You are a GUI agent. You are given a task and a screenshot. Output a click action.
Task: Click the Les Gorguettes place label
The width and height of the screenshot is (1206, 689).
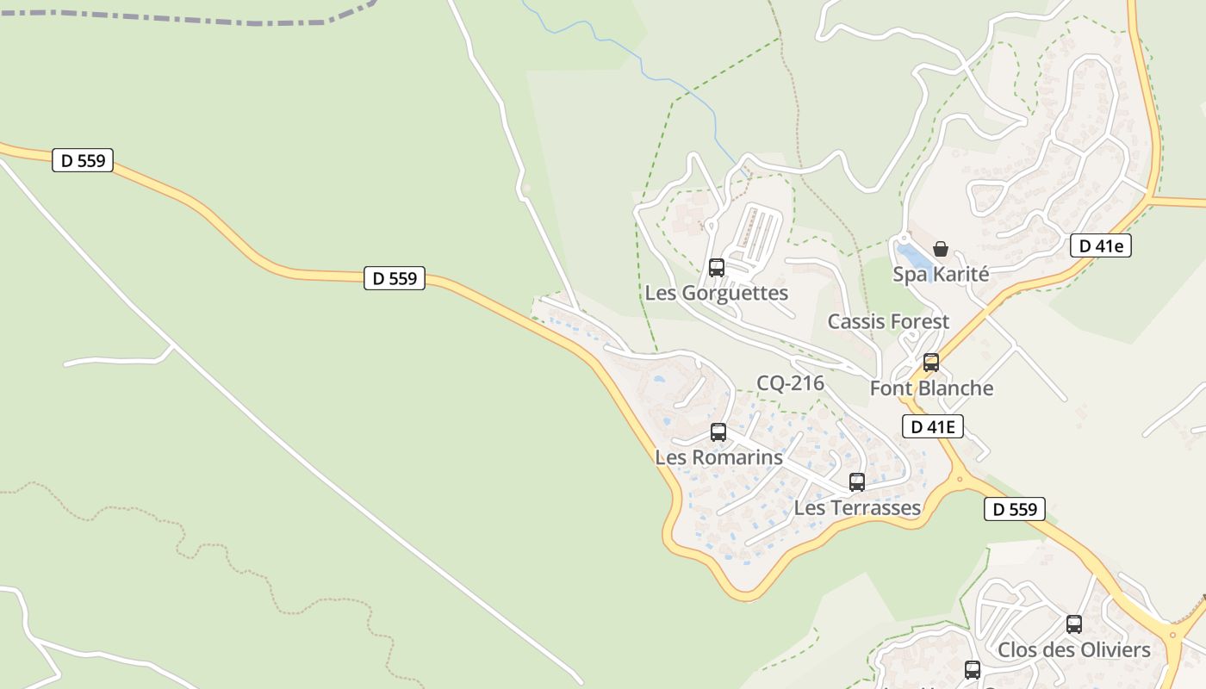pos(716,293)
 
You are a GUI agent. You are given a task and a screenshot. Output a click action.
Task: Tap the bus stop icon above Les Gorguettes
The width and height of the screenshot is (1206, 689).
pos(716,268)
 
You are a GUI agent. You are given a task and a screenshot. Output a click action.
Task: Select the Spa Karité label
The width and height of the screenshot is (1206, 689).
pos(940,274)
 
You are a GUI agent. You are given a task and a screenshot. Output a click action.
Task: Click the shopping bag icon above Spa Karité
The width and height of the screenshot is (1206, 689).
pos(941,249)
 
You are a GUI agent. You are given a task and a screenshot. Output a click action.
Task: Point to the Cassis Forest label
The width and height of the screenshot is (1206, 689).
pos(888,321)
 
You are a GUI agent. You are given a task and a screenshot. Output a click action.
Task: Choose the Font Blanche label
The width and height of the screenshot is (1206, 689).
pos(931,388)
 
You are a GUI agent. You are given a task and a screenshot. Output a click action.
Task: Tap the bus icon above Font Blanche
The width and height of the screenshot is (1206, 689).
pos(930,363)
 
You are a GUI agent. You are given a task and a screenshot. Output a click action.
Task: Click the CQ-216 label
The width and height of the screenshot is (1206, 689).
pos(790,383)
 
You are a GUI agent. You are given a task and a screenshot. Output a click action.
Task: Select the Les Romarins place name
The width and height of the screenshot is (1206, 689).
pos(718,456)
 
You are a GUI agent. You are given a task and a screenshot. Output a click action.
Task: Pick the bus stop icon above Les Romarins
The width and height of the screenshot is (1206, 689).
pos(718,432)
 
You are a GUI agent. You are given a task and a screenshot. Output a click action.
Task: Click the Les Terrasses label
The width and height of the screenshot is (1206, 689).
pos(857,507)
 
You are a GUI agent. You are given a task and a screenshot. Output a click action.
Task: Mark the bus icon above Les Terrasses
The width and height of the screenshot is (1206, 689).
pos(856,482)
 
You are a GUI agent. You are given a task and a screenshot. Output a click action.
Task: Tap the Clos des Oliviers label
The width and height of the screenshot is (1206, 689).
pos(1073,649)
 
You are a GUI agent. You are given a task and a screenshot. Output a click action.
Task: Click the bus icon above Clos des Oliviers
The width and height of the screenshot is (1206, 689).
pos(1073,624)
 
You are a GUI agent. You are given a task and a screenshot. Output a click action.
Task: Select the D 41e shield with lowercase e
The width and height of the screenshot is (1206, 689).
pos(1100,246)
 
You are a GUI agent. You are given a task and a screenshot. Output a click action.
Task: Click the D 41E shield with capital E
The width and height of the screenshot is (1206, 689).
pos(932,426)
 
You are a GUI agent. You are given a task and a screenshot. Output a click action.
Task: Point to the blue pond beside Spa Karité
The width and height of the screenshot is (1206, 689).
pos(913,256)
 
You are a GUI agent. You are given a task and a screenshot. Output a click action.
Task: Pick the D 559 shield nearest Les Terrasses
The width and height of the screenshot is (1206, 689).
pos(1014,509)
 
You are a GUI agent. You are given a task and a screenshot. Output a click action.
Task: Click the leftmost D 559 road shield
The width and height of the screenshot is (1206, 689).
pos(83,160)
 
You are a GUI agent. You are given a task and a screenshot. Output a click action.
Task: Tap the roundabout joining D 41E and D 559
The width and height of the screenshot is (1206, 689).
pos(959,478)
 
